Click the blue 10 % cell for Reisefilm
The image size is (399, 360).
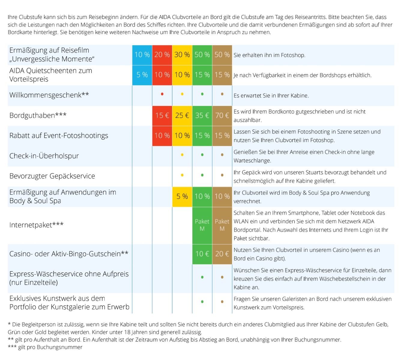(x=142, y=55)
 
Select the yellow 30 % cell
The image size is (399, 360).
(x=182, y=55)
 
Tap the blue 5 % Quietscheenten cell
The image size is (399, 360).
(x=142, y=75)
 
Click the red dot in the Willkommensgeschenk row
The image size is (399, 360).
(x=162, y=94)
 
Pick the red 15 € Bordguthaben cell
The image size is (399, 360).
(x=162, y=115)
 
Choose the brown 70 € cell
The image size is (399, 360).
(x=222, y=115)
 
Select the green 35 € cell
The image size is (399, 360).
(x=202, y=115)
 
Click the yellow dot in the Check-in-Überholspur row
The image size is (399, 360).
(x=182, y=155)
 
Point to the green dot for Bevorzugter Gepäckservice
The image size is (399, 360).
(x=202, y=175)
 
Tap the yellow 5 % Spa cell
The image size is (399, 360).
(x=182, y=196)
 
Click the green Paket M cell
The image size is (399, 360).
(x=202, y=225)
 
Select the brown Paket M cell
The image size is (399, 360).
(x=222, y=225)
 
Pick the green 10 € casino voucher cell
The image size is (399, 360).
(x=202, y=254)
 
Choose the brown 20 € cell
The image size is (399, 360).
(x=222, y=254)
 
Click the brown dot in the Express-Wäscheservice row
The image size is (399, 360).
(x=222, y=277)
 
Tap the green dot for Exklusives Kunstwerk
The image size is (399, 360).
(x=202, y=302)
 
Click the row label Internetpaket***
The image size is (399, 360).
(x=36, y=225)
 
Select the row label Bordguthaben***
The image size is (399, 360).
(x=38, y=115)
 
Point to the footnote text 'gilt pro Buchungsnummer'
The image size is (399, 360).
(x=50, y=347)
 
